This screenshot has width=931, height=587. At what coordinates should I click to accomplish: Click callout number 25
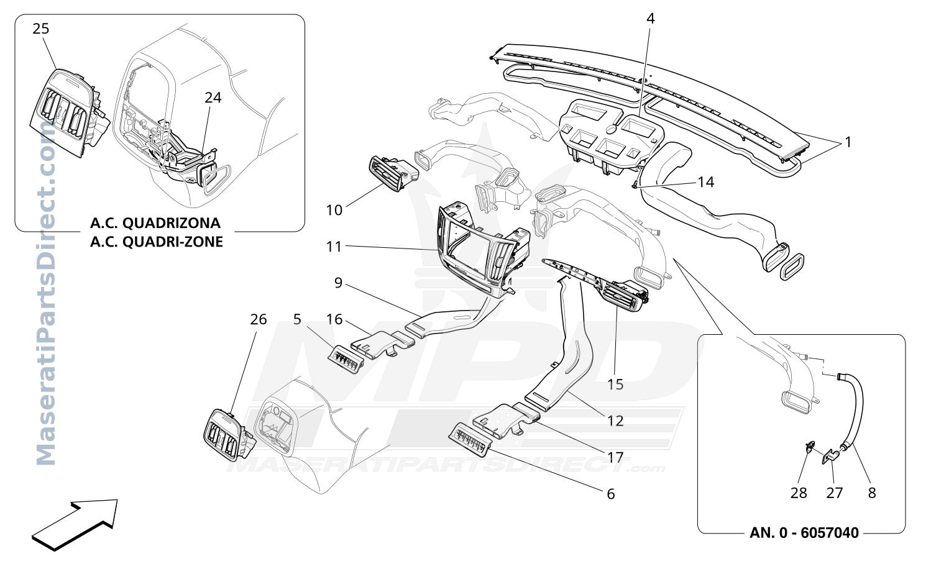41,29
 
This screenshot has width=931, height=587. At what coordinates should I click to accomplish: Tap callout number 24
213,98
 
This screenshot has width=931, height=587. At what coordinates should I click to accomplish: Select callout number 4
651,19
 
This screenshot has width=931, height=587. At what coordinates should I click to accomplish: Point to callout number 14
706,182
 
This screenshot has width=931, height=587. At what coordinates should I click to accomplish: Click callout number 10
334,210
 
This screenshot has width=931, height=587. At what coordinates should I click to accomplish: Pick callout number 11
334,247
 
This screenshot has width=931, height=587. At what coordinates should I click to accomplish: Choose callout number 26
258,319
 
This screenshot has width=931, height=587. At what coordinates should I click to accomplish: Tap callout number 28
799,493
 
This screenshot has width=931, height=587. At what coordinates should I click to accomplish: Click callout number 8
872,493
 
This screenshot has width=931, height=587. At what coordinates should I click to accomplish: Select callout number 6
610,494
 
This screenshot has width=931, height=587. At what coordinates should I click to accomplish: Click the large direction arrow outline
75,525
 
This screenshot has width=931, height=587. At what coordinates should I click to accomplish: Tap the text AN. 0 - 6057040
804,533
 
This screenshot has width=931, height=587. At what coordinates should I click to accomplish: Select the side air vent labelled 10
392,174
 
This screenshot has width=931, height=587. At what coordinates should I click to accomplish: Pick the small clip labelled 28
809,447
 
